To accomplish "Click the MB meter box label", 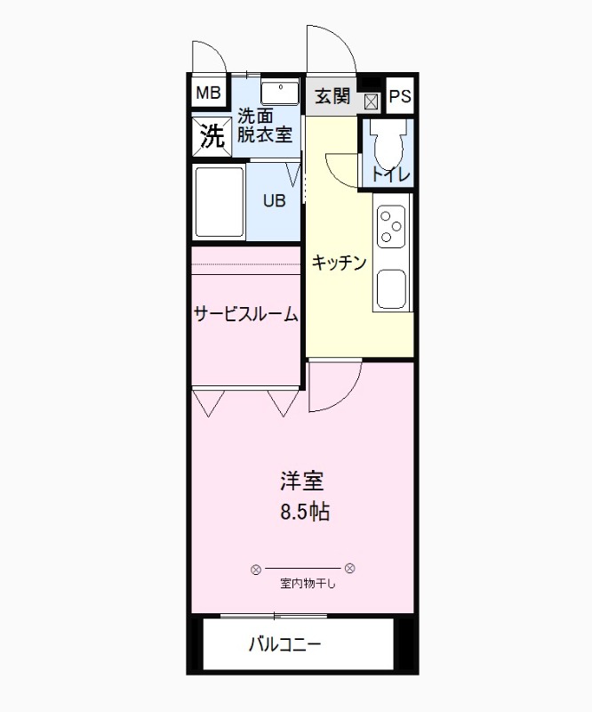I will click(207, 92).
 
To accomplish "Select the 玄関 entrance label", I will click(333, 96).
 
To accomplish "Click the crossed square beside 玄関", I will click(371, 101).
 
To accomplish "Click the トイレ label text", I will click(390, 175).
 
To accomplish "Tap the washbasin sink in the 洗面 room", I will click(280, 92).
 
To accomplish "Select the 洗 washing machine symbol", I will click(211, 136).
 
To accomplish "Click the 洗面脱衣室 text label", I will click(264, 125).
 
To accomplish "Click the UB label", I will click(274, 200).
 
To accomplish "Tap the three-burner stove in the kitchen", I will click(391, 225).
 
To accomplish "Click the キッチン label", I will click(339, 262).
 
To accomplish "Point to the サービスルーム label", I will click(245, 314).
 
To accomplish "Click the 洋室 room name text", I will click(302, 481).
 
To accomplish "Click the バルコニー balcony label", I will click(284, 644).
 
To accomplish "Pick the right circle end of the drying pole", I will click(350, 568).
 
